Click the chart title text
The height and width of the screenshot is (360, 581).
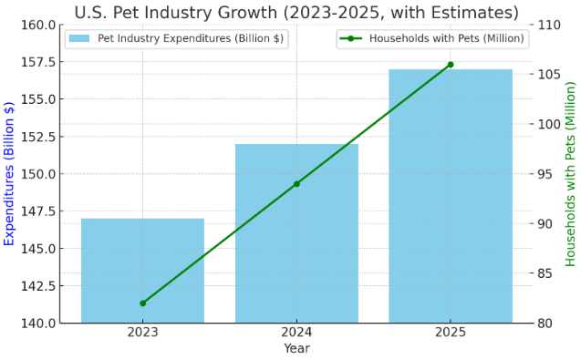tap(296, 12)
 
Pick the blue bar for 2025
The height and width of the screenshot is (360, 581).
tap(451, 196)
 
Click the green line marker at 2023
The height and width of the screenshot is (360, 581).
tap(142, 303)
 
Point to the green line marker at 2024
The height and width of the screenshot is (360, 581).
tap(296, 184)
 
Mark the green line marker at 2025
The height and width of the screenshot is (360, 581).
tap(451, 65)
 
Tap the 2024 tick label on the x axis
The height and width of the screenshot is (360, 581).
tap(296, 333)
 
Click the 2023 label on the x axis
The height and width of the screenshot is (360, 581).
tap(142, 333)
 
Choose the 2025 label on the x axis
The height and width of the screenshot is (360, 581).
tap(451, 333)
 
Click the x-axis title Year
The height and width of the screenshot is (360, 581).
tap(296, 348)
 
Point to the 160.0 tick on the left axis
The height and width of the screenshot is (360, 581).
tap(37, 25)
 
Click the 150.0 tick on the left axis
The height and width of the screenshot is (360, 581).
tap(37, 174)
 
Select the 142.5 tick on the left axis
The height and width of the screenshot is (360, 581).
tap(37, 286)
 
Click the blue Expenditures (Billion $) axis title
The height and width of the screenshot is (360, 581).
tap(10, 173)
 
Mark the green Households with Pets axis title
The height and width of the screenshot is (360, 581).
tap(571, 173)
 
